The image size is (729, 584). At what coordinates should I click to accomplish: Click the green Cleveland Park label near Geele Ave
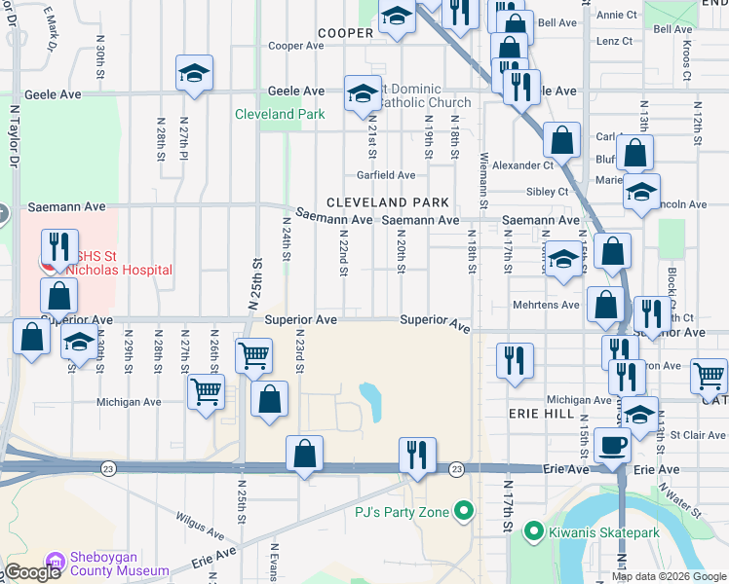coord(279,114)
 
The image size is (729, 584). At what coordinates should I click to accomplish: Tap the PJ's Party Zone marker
coord(464,511)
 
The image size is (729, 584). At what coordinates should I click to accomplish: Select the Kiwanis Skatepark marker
coord(533,531)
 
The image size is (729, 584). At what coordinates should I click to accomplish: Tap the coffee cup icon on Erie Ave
coord(612,446)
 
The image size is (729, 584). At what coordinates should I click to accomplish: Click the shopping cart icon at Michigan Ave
coord(206,392)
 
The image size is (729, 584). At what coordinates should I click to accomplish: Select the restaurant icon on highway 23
coord(417,455)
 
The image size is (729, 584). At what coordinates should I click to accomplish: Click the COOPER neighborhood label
coord(345,33)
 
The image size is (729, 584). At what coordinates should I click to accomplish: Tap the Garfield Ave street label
coord(386,175)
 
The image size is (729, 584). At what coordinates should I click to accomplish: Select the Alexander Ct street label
coord(522,166)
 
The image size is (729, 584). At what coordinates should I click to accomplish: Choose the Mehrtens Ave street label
coord(546,305)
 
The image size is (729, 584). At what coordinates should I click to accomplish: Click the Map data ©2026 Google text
coord(668,576)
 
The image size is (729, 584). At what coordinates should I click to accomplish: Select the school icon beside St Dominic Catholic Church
coord(364,94)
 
